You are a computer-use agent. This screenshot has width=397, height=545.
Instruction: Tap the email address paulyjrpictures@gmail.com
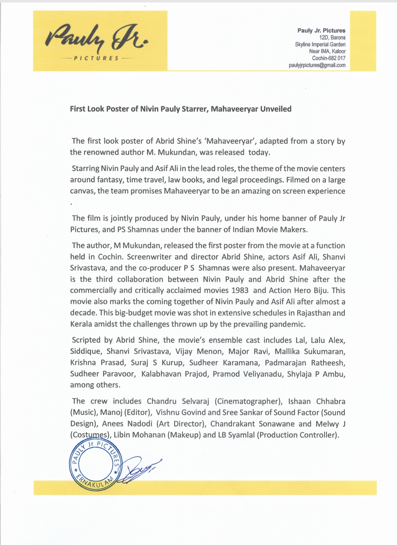pos(317,65)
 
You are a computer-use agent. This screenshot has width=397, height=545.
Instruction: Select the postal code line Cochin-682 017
pos(329,58)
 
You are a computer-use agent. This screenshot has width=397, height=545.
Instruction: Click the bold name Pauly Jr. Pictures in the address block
pos(321,31)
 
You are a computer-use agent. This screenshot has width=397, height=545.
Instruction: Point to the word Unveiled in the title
pos(276,109)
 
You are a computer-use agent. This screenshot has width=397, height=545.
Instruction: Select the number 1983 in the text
pos(240,290)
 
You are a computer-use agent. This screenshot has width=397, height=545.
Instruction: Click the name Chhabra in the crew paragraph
pos(330,401)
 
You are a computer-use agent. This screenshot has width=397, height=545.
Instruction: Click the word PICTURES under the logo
pos(96,58)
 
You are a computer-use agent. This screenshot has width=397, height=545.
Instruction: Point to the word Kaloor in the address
pos(339,51)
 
